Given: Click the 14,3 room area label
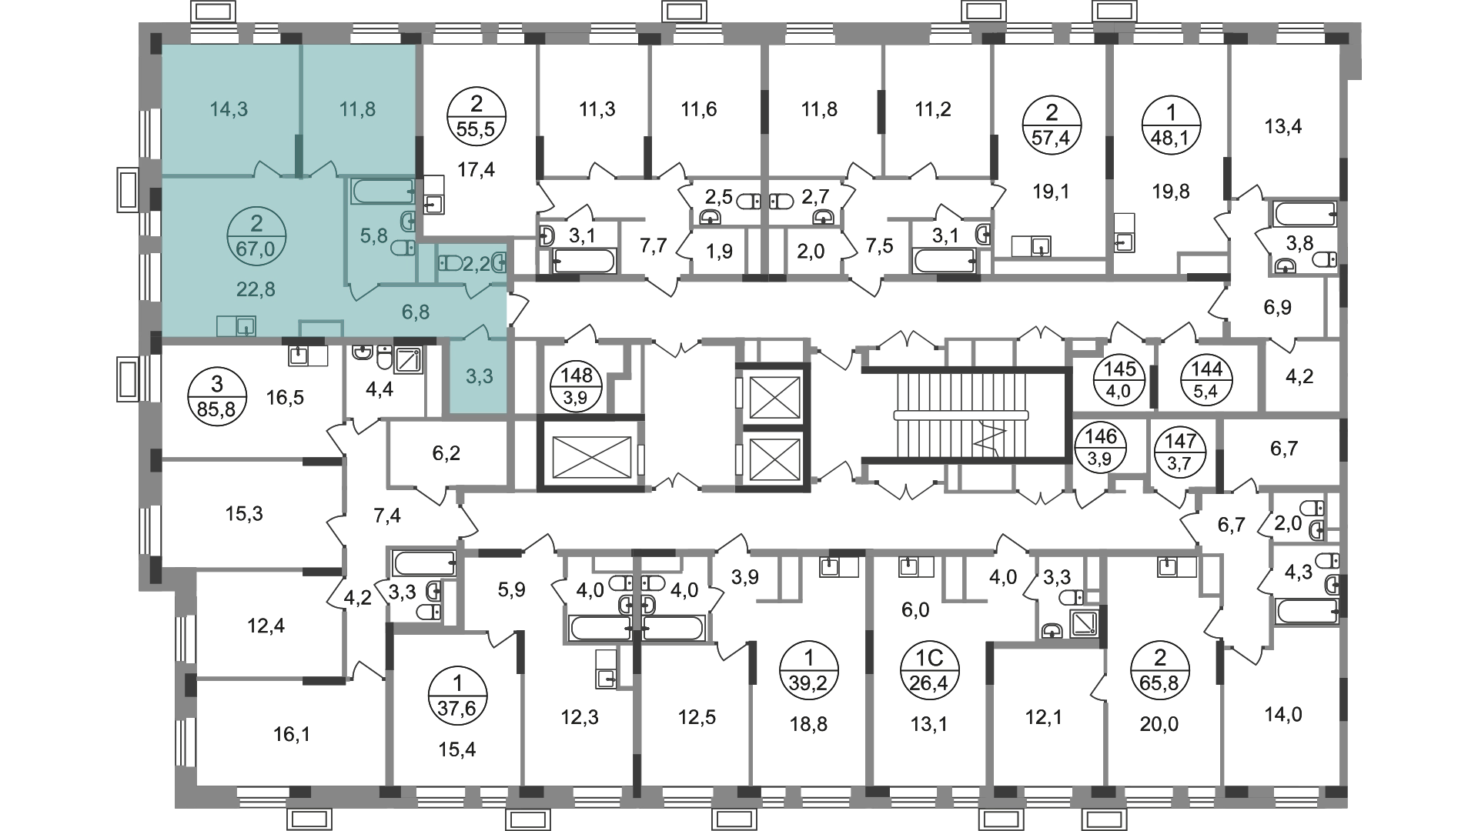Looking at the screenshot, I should click(229, 109).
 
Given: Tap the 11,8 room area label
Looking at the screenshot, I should click(357, 109).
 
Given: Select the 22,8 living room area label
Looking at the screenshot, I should click(256, 289).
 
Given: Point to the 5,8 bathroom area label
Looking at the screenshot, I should click(373, 236).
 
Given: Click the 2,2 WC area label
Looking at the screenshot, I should click(476, 265).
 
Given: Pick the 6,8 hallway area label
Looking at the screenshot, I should click(415, 312).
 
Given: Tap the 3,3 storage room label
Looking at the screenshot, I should click(479, 376).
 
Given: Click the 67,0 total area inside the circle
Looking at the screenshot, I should click(256, 249).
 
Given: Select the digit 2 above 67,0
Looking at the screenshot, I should click(256, 224).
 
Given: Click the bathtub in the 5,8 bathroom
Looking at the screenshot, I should click(383, 192).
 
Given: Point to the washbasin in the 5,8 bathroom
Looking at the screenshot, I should click(408, 222).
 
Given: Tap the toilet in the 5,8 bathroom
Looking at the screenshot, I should click(403, 248).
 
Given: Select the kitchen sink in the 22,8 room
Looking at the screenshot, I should click(245, 327).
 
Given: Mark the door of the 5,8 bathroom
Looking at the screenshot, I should click(363, 291).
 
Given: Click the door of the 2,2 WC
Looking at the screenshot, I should click(479, 289).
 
